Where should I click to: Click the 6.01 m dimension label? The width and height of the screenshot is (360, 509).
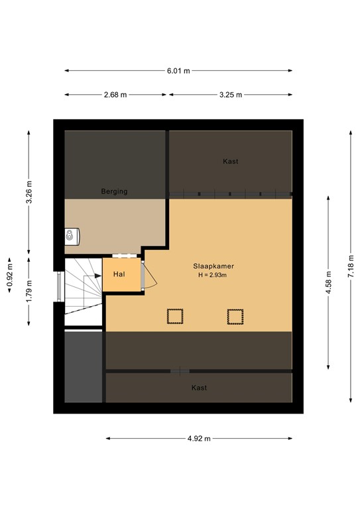[178, 71]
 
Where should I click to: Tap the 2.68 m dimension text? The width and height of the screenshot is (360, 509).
[115, 95]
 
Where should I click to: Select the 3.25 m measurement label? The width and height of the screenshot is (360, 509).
[231, 95]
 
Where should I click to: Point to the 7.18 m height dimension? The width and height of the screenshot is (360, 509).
[351, 266]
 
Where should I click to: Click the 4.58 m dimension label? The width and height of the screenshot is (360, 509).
[329, 282]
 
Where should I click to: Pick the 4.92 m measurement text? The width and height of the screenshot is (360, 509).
[199, 439]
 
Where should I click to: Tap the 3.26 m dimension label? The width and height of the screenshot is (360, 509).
[29, 192]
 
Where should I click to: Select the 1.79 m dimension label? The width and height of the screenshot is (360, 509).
[29, 291]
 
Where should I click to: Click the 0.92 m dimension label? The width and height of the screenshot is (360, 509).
[9, 275]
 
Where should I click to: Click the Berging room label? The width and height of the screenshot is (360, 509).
[114, 191]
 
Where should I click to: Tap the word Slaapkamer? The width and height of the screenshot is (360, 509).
[213, 266]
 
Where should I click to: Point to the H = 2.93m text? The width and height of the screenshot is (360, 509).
[213, 275]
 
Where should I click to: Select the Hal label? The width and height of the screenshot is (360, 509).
[119, 274]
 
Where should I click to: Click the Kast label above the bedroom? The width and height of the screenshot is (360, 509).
[231, 161]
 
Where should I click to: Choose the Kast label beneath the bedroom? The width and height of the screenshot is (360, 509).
[199, 388]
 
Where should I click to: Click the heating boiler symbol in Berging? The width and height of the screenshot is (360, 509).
[72, 237]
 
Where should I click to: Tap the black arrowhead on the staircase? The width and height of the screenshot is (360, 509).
[98, 276]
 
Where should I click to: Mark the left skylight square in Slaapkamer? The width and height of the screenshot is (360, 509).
[175, 316]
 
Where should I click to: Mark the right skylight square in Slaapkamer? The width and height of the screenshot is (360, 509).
[235, 316]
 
